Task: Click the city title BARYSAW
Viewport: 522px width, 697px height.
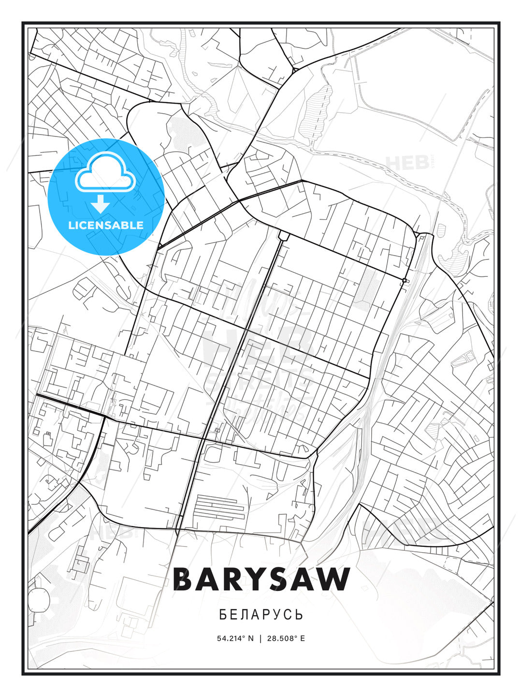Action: click(x=261, y=579)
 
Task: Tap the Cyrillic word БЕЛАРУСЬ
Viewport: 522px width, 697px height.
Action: click(x=261, y=615)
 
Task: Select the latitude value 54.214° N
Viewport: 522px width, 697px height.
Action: click(x=235, y=638)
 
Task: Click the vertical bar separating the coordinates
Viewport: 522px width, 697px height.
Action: click(x=261, y=638)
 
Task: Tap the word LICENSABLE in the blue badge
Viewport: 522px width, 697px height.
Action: click(x=106, y=225)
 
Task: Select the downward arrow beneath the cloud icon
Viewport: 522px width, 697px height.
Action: click(x=101, y=204)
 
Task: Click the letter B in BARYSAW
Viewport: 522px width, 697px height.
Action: click(x=184, y=579)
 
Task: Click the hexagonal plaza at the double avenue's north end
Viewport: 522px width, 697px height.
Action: click(x=283, y=235)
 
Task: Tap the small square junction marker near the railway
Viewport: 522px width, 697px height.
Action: click(x=405, y=281)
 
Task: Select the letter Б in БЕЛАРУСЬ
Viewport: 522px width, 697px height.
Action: click(x=222, y=615)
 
